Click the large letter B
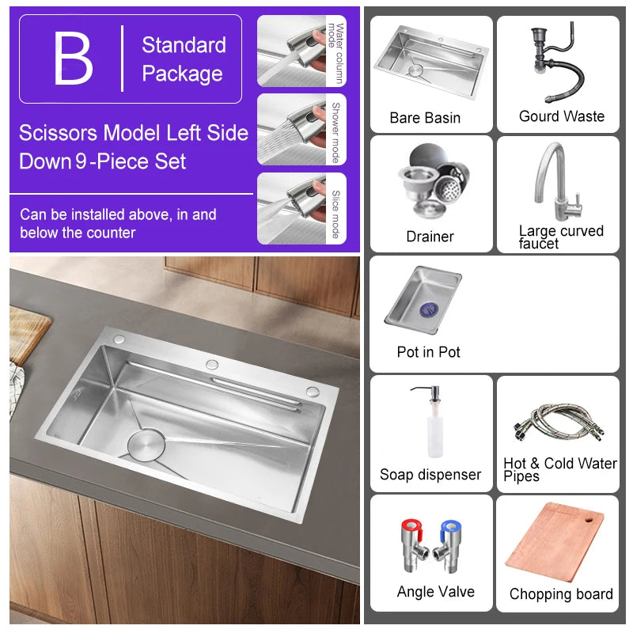click(73, 59)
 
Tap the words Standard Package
click(183, 59)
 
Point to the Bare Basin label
click(425, 118)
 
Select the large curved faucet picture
click(557, 181)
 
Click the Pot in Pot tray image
click(423, 300)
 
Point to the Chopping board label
click(561, 594)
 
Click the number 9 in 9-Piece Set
click(80, 162)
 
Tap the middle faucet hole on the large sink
click(211, 364)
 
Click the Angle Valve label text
click(435, 592)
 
